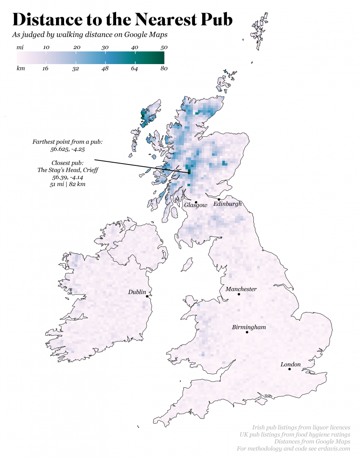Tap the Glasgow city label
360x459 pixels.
click(196, 205)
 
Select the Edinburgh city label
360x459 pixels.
click(227, 204)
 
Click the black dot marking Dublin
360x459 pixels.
click(147, 296)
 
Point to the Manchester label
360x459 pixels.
click(241, 289)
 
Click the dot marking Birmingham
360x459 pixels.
click(247, 332)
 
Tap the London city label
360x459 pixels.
click(291, 364)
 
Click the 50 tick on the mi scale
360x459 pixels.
click(164, 47)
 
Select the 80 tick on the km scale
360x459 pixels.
click(164, 69)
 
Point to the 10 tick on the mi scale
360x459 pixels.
click(46, 47)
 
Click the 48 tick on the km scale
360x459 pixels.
click(105, 69)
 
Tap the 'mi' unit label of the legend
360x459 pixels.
click(20, 47)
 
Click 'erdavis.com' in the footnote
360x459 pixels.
click(334, 449)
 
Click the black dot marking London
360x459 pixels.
click(290, 369)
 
